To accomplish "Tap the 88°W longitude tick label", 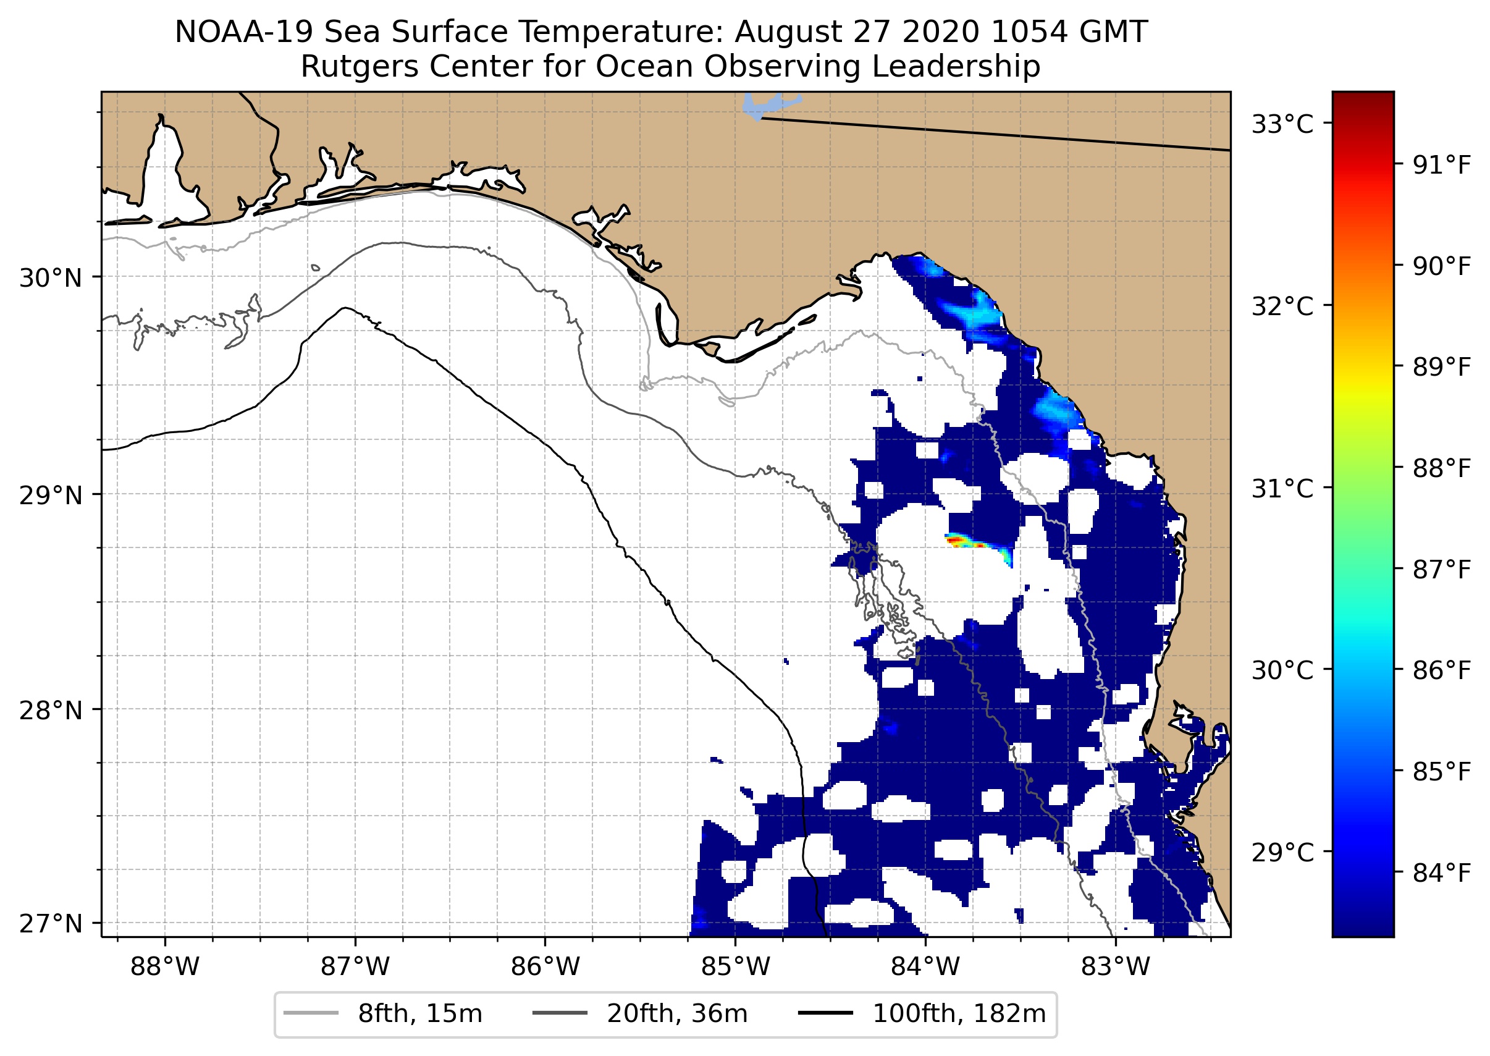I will pos(164,967).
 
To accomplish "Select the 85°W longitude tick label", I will pos(735,967).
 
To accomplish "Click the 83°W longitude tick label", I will pos(1116,967).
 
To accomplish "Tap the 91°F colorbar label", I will pos(1441,166).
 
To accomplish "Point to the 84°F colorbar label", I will pos(1441,873).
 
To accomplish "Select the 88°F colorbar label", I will pos(1441,468).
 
